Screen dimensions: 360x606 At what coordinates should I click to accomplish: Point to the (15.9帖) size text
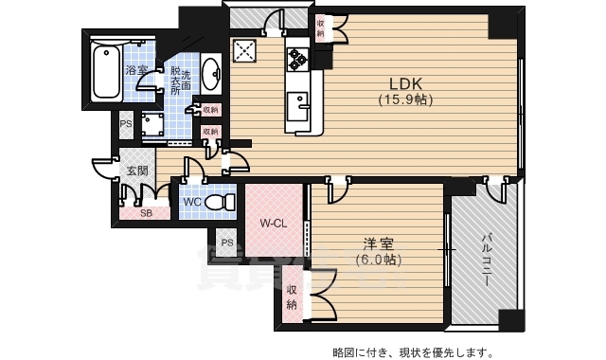coord(405,99)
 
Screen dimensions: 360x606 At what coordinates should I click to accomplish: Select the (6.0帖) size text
coord(377,259)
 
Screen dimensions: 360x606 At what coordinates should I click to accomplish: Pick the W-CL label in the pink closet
coord(273,224)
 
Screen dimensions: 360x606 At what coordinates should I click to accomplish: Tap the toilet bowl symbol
coord(221,202)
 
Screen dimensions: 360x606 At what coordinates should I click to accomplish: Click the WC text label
coord(191,203)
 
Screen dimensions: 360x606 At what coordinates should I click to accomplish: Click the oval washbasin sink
coord(210,73)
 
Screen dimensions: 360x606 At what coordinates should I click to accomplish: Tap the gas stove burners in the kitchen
coord(299,59)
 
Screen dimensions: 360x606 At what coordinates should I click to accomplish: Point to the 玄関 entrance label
coord(136,171)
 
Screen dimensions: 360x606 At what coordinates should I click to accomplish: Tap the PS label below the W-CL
coord(227,243)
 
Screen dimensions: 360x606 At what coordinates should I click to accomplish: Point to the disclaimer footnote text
coord(412,352)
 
